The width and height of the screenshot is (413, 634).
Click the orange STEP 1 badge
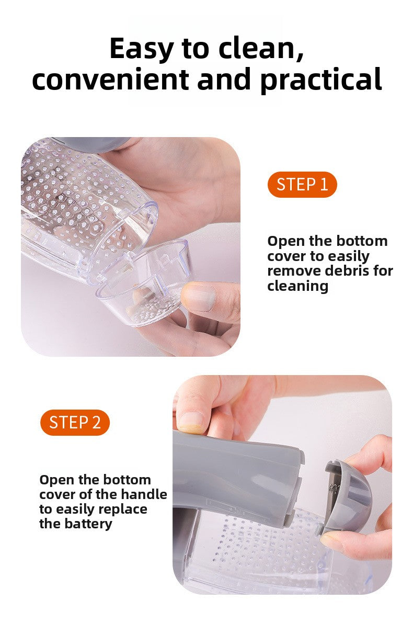click(x=302, y=185)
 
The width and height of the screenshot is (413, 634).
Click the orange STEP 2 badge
click(x=75, y=423)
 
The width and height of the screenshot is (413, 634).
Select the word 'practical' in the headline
click(x=321, y=80)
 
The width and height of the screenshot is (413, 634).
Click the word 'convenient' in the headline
click(x=110, y=80)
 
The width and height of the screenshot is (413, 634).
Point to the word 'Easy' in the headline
click(x=141, y=49)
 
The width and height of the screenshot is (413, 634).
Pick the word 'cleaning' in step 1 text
click(x=297, y=286)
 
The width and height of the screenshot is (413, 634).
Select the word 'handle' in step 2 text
click(x=144, y=494)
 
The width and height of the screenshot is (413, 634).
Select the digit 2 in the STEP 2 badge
click(x=96, y=423)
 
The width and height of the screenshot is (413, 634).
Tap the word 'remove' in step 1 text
click(x=292, y=271)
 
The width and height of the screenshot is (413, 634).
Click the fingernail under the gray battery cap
click(x=330, y=540)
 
